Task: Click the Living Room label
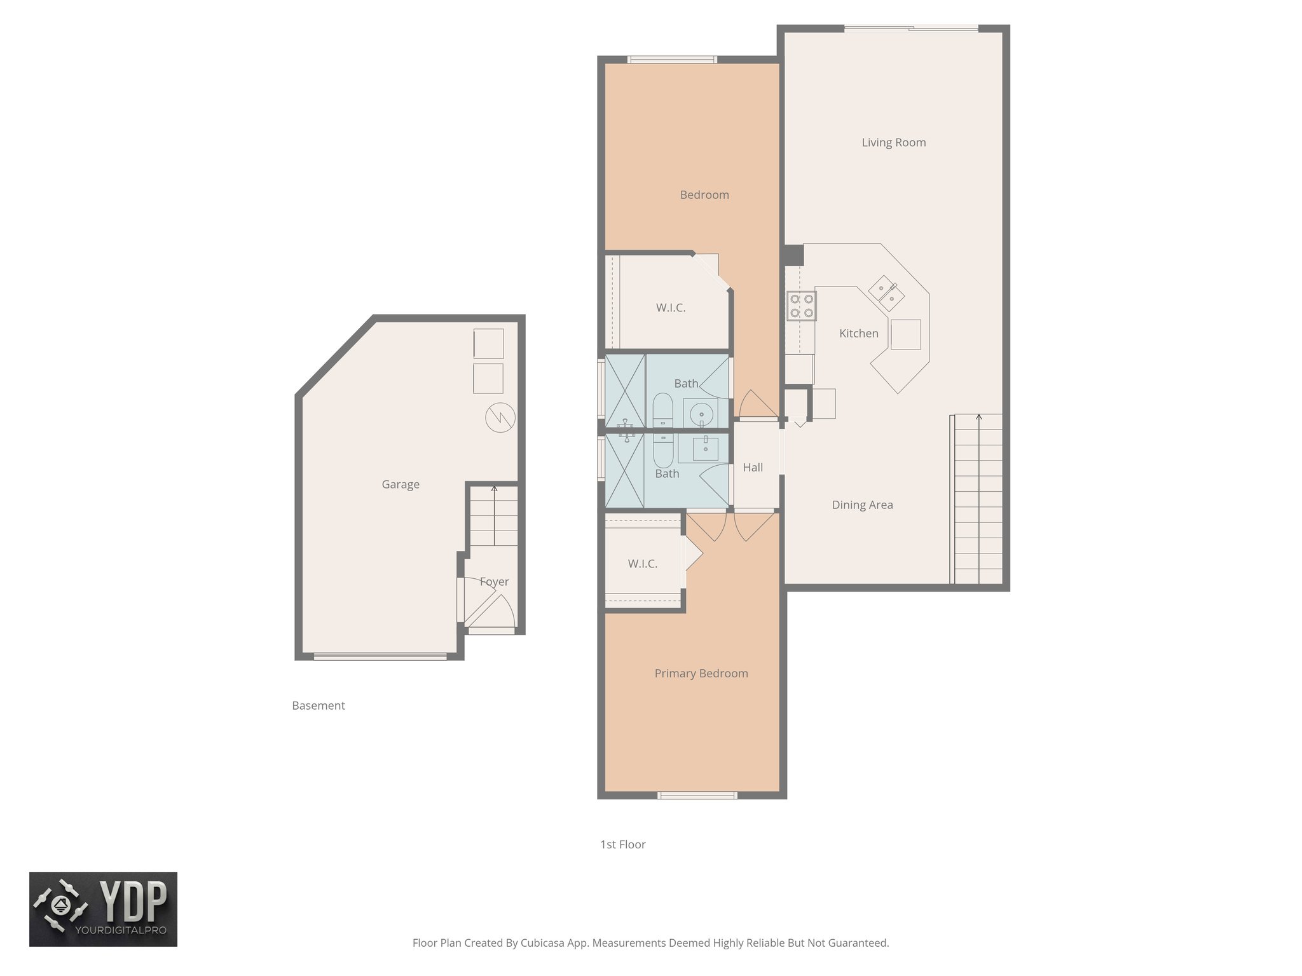tap(893, 142)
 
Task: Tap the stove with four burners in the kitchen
tap(801, 306)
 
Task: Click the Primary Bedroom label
tap(701, 673)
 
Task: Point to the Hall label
tap(753, 467)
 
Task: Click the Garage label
tap(401, 484)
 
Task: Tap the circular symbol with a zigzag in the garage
tap(500, 418)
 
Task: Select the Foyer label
tap(494, 581)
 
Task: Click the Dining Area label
tap(862, 505)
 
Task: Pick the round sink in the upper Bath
tap(701, 413)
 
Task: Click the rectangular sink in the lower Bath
tap(705, 448)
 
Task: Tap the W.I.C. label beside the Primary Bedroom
tap(642, 564)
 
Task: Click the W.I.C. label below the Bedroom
tap(671, 308)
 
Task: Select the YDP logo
tap(103, 909)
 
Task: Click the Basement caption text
tap(318, 705)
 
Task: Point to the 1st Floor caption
tap(622, 844)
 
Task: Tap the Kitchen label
tap(858, 333)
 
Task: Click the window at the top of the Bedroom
tap(672, 60)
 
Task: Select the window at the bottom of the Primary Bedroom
tap(697, 795)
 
